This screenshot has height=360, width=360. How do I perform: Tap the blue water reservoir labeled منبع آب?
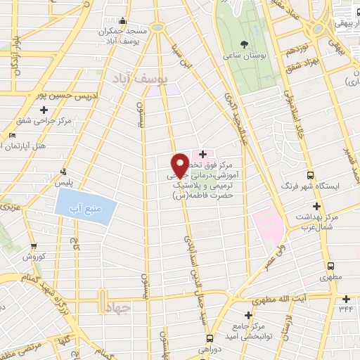(84, 210)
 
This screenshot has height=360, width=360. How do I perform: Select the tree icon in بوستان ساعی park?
(243, 43)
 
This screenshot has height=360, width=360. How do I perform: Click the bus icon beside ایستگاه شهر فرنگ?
(310, 176)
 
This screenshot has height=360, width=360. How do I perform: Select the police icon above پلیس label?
(64, 172)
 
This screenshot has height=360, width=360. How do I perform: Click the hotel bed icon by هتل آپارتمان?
(12, 136)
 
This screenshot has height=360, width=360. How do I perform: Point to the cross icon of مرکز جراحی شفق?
(44, 110)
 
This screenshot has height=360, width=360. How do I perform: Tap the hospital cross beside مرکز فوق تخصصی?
(202, 154)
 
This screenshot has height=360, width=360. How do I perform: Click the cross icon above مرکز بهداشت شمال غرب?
(316, 207)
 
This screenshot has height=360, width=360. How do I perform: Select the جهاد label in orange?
(115, 308)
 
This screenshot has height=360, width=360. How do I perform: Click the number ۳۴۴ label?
(345, 308)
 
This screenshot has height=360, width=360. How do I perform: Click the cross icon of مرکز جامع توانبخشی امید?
(247, 315)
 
